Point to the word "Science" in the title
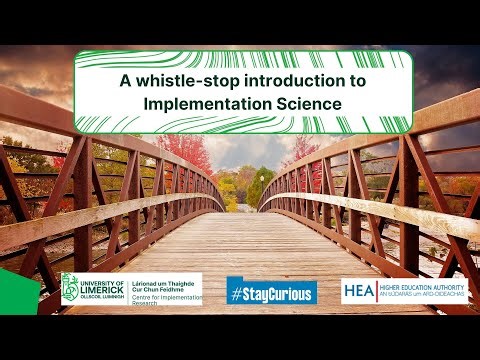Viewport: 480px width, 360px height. click(x=306, y=102)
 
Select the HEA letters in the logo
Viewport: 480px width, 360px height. click(x=360, y=290)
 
